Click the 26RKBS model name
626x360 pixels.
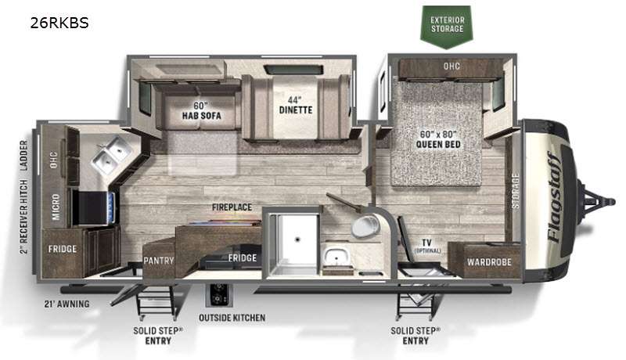pyautogui.click(x=59, y=23)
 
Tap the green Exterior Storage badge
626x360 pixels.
pyautogui.click(x=447, y=26)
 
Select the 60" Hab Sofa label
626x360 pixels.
pyautogui.click(x=201, y=110)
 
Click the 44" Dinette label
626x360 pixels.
pyautogui.click(x=296, y=105)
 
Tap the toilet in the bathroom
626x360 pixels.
pyautogui.click(x=365, y=225)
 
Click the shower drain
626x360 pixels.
pyautogui.click(x=297, y=239)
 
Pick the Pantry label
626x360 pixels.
pyautogui.click(x=159, y=261)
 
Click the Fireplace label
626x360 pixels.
pyautogui.click(x=232, y=207)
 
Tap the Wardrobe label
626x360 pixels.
pyautogui.click(x=489, y=262)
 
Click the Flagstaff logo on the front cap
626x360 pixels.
pyautogui.click(x=555, y=197)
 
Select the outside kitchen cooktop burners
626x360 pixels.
pyautogui.click(x=219, y=295)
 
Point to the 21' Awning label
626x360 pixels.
pyautogui.click(x=67, y=304)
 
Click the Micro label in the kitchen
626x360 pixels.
pyautogui.click(x=56, y=207)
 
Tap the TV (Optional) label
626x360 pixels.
pyautogui.click(x=426, y=245)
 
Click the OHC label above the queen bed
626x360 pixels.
pyautogui.click(x=452, y=67)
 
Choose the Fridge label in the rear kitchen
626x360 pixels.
pyautogui.click(x=63, y=249)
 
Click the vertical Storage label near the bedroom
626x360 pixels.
pyautogui.click(x=516, y=191)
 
